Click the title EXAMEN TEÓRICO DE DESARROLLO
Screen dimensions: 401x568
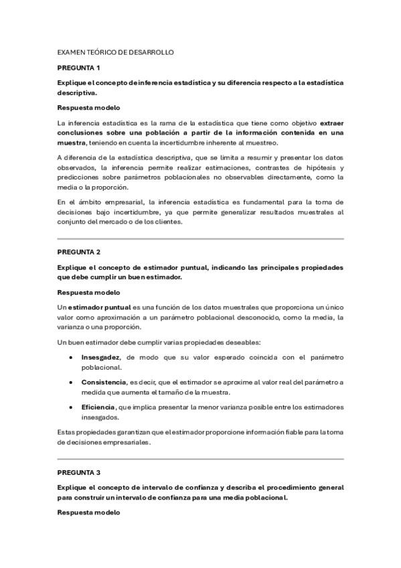tap(116, 52)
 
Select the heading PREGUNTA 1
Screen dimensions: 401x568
tap(78, 68)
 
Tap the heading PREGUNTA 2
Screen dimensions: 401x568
tap(78, 252)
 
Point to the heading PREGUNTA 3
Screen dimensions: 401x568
tap(78, 473)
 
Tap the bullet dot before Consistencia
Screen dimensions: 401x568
tap(71, 382)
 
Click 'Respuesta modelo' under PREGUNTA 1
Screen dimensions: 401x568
tap(88, 107)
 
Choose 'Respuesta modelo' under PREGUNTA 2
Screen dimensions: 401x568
tap(88, 292)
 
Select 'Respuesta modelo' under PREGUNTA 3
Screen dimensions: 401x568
tap(88, 512)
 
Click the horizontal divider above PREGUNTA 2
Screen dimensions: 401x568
tap(200, 238)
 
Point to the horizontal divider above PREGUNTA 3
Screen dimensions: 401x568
tap(200, 459)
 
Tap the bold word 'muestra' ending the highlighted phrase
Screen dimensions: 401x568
tap(71, 143)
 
